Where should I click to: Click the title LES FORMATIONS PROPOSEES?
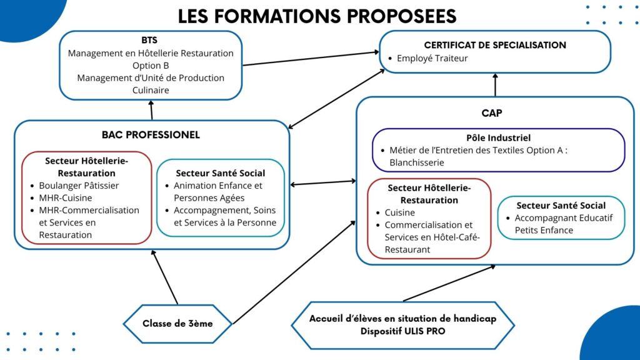317,16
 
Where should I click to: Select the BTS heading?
149,40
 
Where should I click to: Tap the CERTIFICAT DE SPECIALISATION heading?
495,45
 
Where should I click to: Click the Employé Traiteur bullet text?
432,58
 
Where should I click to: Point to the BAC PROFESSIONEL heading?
151,135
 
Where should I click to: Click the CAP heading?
492,113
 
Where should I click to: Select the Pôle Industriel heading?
498,138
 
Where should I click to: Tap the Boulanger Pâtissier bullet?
79,186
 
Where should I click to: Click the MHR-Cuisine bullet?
65,198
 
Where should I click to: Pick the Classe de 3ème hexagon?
177,324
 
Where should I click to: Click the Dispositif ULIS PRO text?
403,331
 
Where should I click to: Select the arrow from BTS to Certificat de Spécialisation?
311,58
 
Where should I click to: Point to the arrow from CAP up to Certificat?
495,85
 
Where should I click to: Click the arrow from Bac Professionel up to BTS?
151,110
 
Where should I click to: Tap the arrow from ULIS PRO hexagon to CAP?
449,283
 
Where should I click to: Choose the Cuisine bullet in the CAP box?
399,212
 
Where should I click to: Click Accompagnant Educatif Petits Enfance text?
563,224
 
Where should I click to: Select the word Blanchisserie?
416,162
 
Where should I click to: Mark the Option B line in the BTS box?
151,66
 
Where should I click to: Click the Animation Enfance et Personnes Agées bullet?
218,192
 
